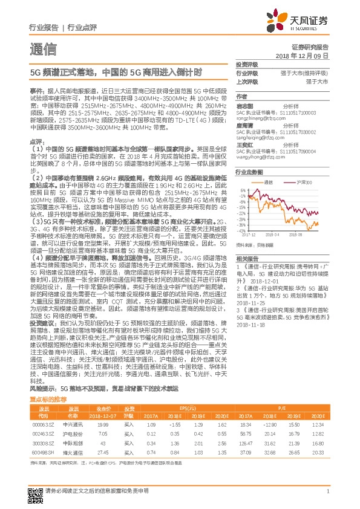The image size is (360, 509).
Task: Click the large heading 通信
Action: click(43, 49)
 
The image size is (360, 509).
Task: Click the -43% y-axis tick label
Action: click(241, 213)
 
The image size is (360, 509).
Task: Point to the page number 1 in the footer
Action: click(327, 491)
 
